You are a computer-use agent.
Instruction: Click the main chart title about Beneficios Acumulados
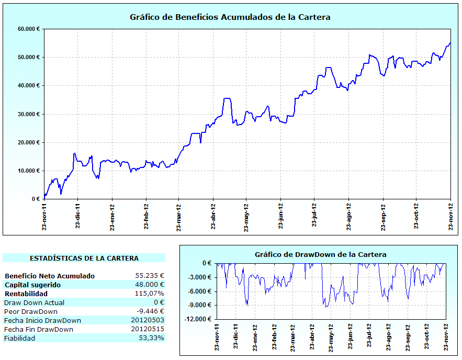[230, 17]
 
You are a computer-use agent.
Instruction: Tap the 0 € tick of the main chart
[36, 199]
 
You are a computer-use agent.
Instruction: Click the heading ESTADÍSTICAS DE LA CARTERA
[84, 258]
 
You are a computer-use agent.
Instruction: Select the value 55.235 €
[150, 276]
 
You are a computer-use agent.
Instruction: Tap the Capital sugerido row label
[32, 285]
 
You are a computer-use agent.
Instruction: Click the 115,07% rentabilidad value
[149, 294]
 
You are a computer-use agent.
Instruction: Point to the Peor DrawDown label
[31, 311]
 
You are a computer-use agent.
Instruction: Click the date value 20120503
[148, 320]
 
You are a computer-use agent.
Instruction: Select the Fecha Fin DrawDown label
[39, 329]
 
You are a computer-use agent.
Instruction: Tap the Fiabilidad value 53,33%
[150, 338]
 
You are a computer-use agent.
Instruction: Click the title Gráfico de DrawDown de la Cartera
[321, 254]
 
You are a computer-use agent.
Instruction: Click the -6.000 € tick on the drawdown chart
[201, 291]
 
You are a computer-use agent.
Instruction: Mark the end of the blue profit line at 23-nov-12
[450, 43]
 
